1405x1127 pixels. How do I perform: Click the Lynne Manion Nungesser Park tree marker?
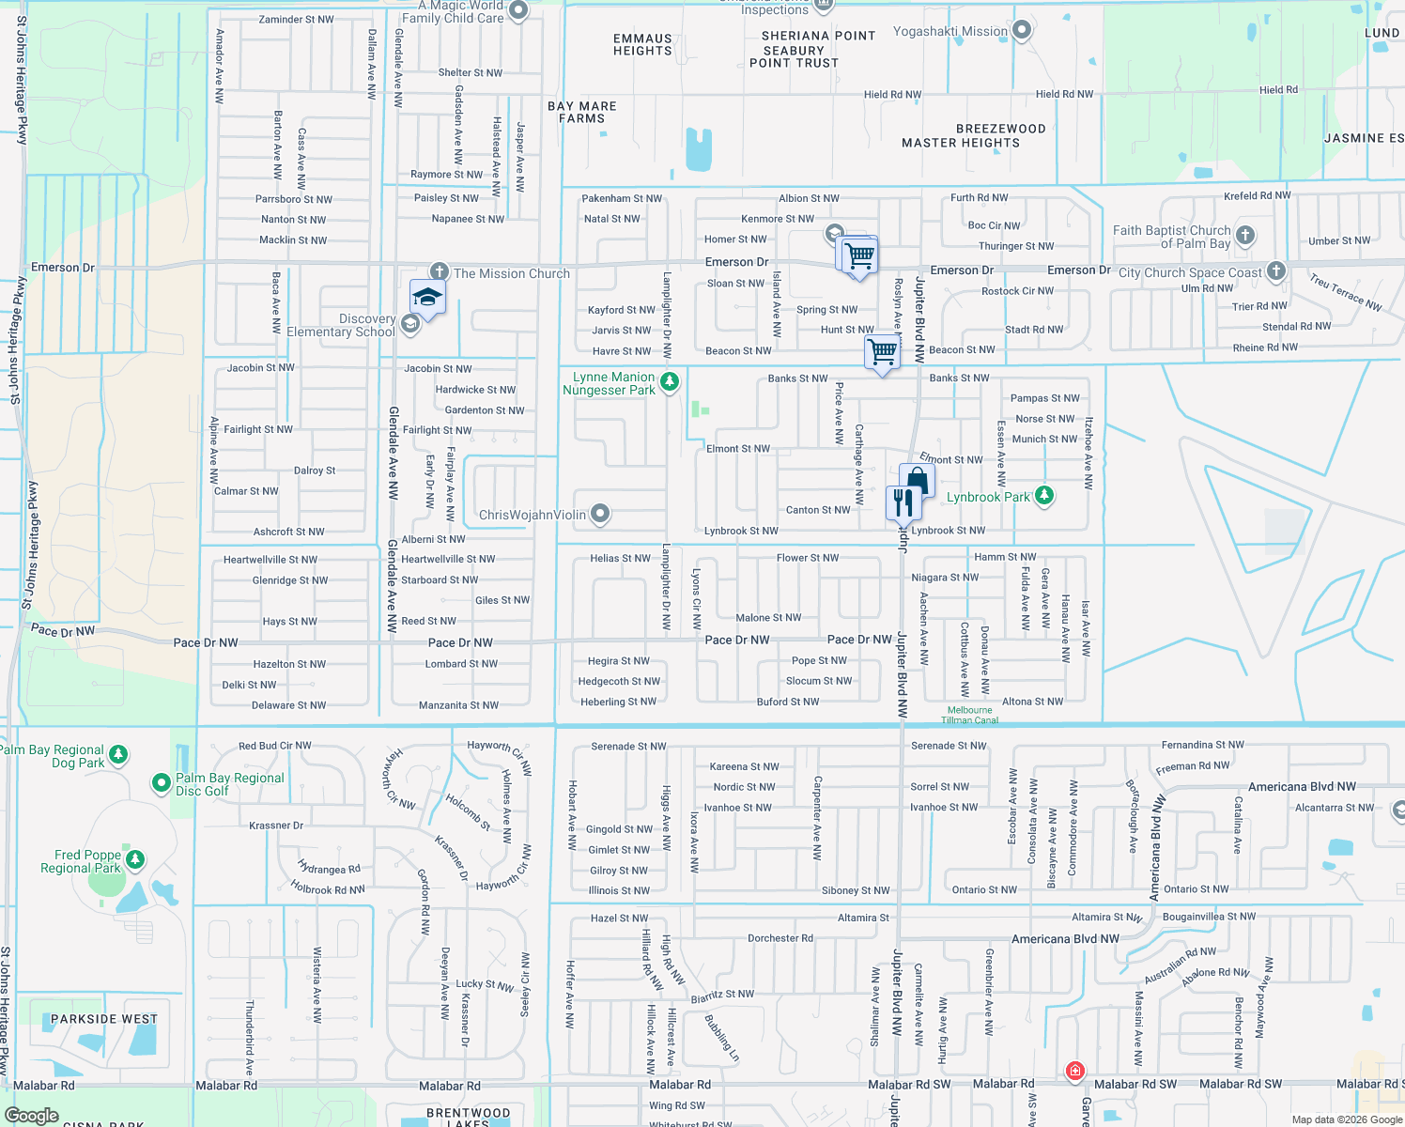click(x=669, y=381)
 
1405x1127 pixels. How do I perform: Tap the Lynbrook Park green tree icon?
click(x=1043, y=495)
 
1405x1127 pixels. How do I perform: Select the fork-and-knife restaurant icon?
click(x=903, y=502)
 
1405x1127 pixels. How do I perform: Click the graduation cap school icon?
click(x=427, y=297)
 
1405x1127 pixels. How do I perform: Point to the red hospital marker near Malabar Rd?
click(x=1075, y=1071)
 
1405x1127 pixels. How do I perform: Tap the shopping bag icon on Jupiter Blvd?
click(x=917, y=481)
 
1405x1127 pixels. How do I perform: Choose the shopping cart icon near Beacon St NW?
click(x=882, y=352)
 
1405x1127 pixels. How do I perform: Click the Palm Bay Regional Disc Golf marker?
click(x=162, y=781)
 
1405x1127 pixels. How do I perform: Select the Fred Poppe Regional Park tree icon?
click(x=135, y=859)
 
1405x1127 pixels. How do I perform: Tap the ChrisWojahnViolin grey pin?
click(x=600, y=514)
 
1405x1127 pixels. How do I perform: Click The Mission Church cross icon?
click(x=438, y=272)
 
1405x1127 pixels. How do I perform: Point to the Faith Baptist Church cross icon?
click(x=1244, y=236)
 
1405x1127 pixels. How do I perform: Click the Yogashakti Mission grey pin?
click(x=1022, y=31)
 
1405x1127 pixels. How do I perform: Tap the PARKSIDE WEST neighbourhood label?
click(x=104, y=1019)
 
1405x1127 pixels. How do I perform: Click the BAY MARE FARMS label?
click(x=582, y=113)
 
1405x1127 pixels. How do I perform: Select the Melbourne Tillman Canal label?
click(x=969, y=716)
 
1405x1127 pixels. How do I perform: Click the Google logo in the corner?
click(x=31, y=1116)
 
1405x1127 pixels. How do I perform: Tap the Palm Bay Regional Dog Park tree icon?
click(x=118, y=754)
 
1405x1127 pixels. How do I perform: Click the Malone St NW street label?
click(x=768, y=618)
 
